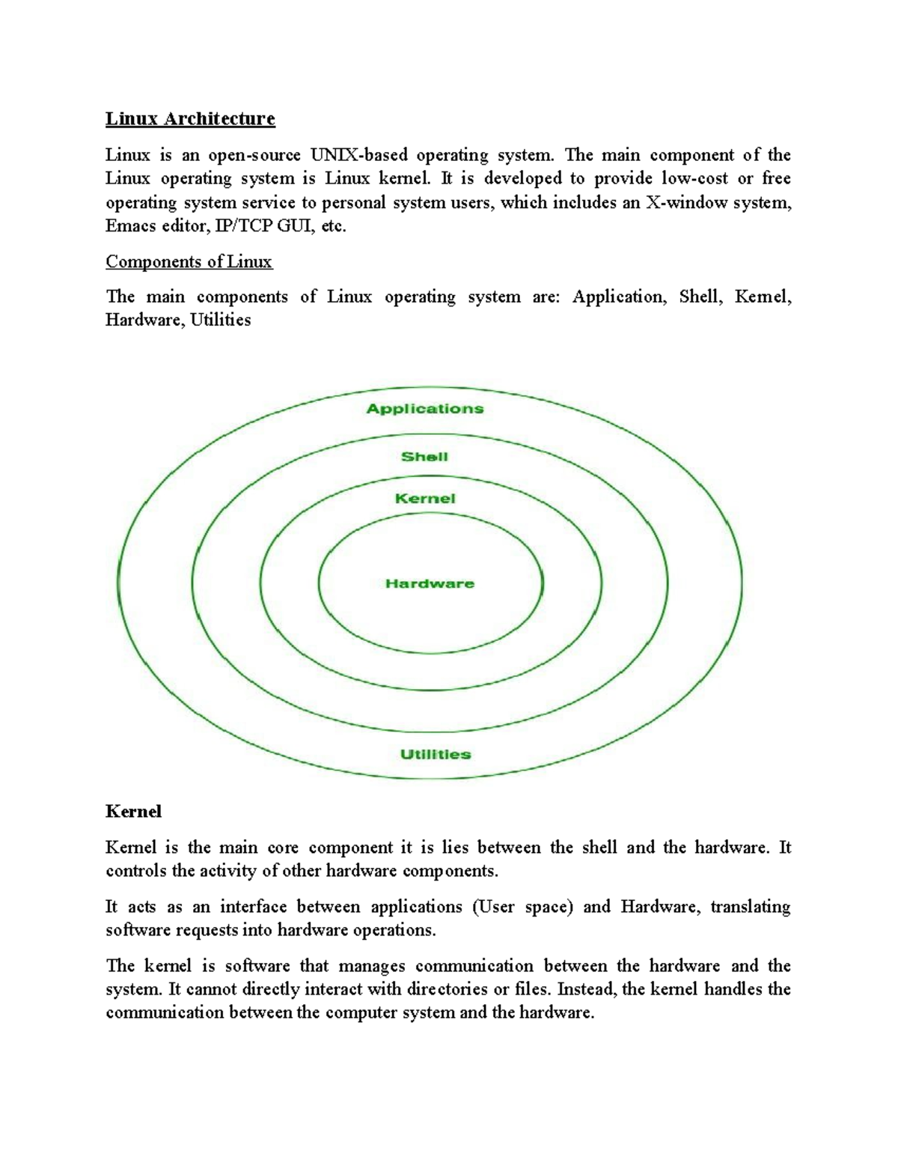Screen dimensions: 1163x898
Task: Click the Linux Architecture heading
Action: tap(190, 118)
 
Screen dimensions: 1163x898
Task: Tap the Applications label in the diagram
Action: tap(424, 409)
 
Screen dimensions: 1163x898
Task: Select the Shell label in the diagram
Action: tap(424, 457)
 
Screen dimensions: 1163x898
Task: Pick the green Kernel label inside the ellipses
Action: tap(424, 499)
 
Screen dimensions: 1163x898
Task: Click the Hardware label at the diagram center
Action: tap(430, 584)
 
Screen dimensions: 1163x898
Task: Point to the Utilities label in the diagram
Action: tap(436, 755)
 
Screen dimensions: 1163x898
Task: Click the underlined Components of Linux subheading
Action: tap(189, 262)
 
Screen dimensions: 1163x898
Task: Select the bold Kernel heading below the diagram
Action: tap(133, 812)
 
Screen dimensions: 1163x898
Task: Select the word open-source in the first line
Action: tap(254, 155)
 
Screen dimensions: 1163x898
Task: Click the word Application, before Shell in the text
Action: tap(618, 297)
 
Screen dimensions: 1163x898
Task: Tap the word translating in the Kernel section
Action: tap(750, 907)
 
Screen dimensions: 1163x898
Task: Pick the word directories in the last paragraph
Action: tap(447, 989)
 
